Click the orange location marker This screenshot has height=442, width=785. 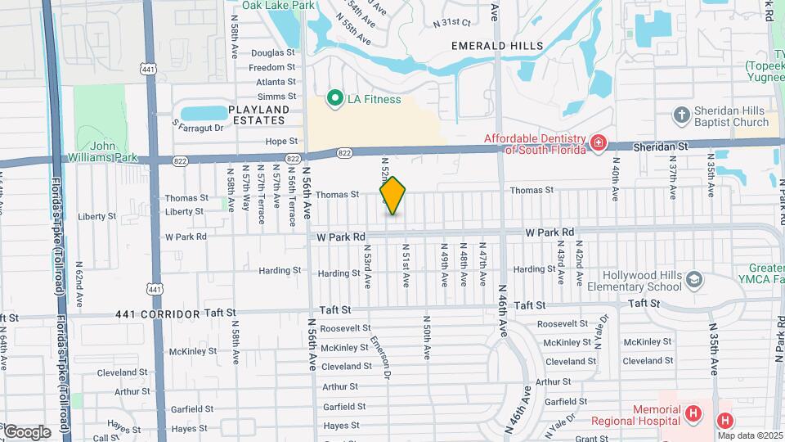[392, 195]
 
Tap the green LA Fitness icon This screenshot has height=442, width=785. [334, 99]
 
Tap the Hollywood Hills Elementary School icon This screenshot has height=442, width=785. [693, 281]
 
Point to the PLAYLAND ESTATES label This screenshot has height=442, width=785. [258, 115]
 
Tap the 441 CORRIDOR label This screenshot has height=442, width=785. [158, 313]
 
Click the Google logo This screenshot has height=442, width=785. [26, 431]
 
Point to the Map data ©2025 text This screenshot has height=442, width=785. [751, 435]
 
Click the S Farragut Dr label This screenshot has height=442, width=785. [198, 127]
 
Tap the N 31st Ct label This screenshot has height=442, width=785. [453, 22]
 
